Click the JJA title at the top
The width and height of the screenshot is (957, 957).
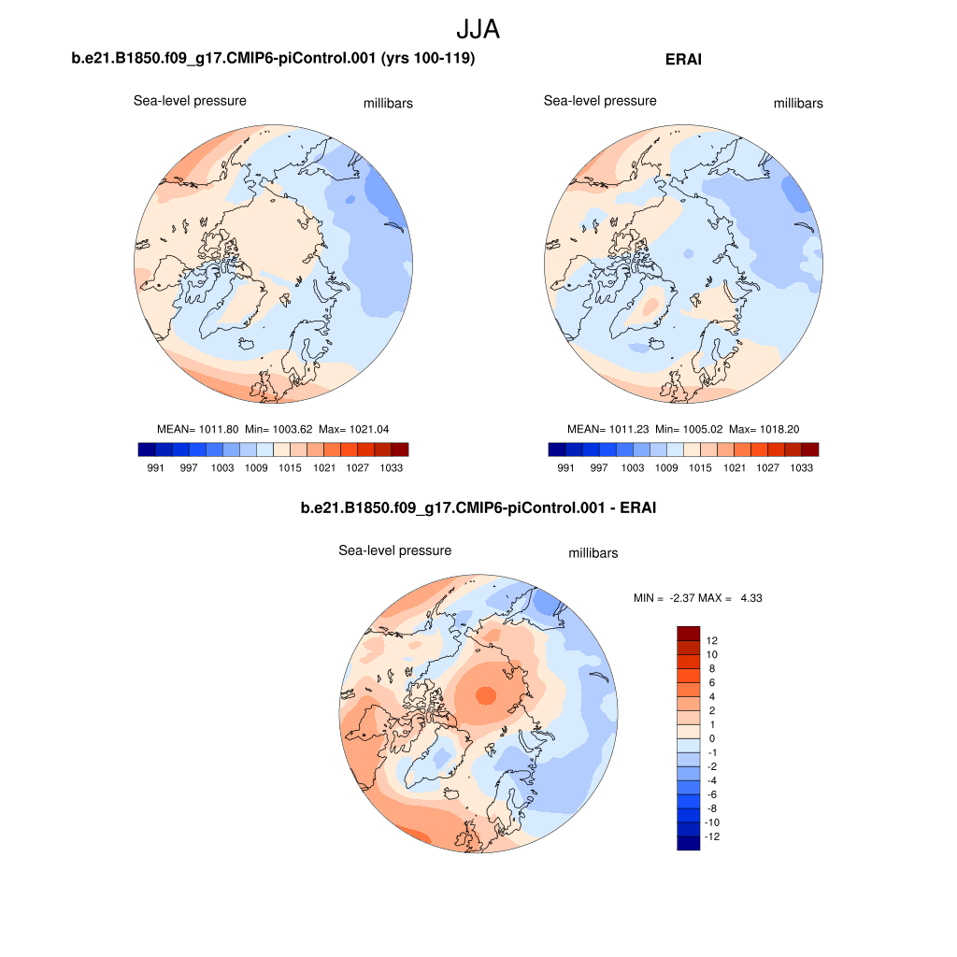[478, 29]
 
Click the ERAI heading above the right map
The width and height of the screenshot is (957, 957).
[683, 60]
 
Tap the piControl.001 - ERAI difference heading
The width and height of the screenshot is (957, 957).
[478, 508]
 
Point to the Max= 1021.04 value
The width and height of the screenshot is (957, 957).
[353, 429]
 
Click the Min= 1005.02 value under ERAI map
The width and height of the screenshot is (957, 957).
[688, 429]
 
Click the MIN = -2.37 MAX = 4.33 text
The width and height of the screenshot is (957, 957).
[698, 597]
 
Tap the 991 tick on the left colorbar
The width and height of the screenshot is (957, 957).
[156, 468]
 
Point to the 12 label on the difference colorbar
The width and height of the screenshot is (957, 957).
[712, 640]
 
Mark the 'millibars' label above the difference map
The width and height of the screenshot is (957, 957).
[593, 553]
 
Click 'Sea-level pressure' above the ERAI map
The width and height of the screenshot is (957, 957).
[600, 101]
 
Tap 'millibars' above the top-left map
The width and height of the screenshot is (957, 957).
[388, 104]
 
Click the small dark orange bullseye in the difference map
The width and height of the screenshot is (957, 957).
[485, 695]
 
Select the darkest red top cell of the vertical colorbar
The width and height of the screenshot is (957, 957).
[688, 633]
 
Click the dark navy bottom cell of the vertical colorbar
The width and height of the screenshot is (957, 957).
[688, 843]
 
